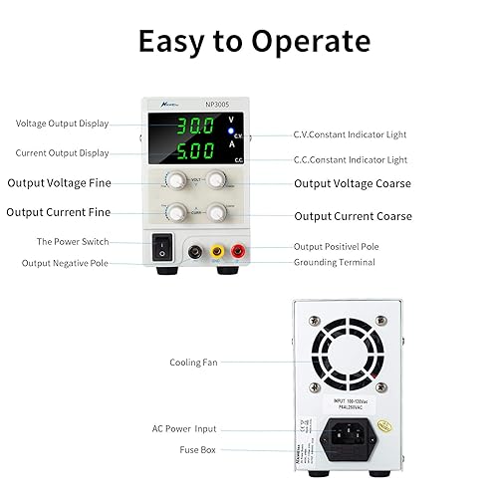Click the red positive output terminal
240,253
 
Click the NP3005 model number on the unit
218,103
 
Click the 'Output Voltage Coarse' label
352,183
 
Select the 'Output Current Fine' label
59,212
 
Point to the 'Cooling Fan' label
193,363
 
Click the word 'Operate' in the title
309,42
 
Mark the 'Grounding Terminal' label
334,262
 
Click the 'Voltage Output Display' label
62,124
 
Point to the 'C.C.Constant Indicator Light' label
350,159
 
